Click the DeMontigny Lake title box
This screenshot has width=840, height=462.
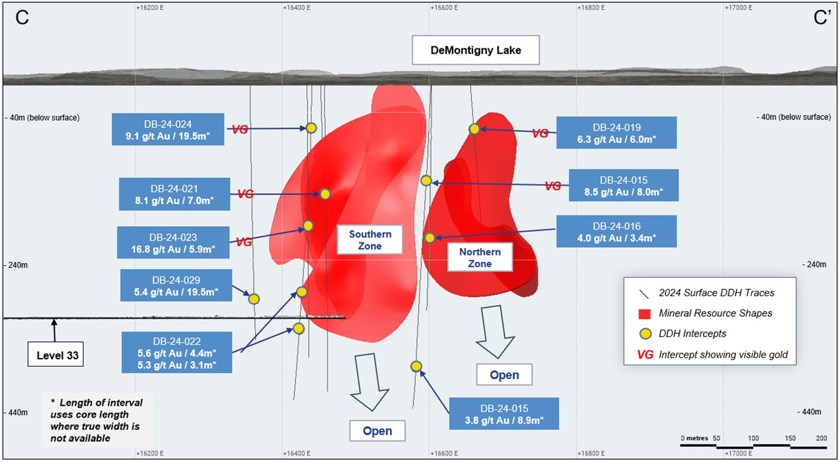click(476, 50)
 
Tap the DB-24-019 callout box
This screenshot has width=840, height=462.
click(616, 133)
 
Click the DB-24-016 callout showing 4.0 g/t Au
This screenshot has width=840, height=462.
click(617, 232)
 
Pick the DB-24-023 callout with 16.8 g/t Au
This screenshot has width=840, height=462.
click(174, 243)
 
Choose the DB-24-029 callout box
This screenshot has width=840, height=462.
click(176, 286)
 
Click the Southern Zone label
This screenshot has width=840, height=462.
click(370, 240)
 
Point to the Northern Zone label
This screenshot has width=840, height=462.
click(480, 258)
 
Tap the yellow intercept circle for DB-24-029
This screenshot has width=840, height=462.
click(253, 299)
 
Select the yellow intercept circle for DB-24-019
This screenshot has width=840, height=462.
click(474, 129)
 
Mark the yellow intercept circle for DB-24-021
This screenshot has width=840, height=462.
click(325, 194)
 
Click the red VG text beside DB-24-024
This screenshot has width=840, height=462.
click(240, 130)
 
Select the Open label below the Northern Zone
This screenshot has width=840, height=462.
click(504, 375)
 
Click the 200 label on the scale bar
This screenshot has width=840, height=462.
click(822, 439)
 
